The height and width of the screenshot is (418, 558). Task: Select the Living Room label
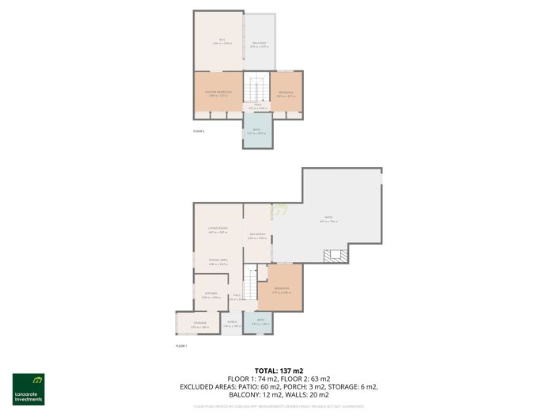pyautogui.click(x=218, y=229)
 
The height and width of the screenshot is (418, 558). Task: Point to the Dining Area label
pyautogui.click(x=218, y=260)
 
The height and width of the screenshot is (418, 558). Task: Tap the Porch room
pyautogui.click(x=232, y=323)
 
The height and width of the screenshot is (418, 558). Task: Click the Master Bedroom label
pyautogui.click(x=218, y=93)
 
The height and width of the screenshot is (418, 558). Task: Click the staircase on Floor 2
pyautogui.click(x=256, y=87)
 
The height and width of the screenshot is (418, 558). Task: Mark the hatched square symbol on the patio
pyautogui.click(x=336, y=255)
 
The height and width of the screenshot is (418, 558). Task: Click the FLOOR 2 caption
pyautogui.click(x=199, y=130)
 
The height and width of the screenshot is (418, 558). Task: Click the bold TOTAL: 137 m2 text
pyautogui.click(x=279, y=370)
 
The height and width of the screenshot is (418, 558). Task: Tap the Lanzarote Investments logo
pyautogui.click(x=28, y=389)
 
